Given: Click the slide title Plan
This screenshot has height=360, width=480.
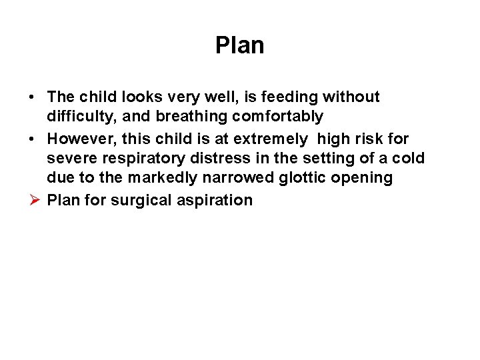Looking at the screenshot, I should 240,45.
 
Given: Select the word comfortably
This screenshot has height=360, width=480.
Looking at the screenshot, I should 277,117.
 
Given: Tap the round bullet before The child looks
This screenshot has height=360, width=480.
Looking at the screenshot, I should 32,97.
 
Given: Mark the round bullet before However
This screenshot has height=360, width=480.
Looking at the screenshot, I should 32,139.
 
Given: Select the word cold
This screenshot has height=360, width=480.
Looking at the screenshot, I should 411,159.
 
